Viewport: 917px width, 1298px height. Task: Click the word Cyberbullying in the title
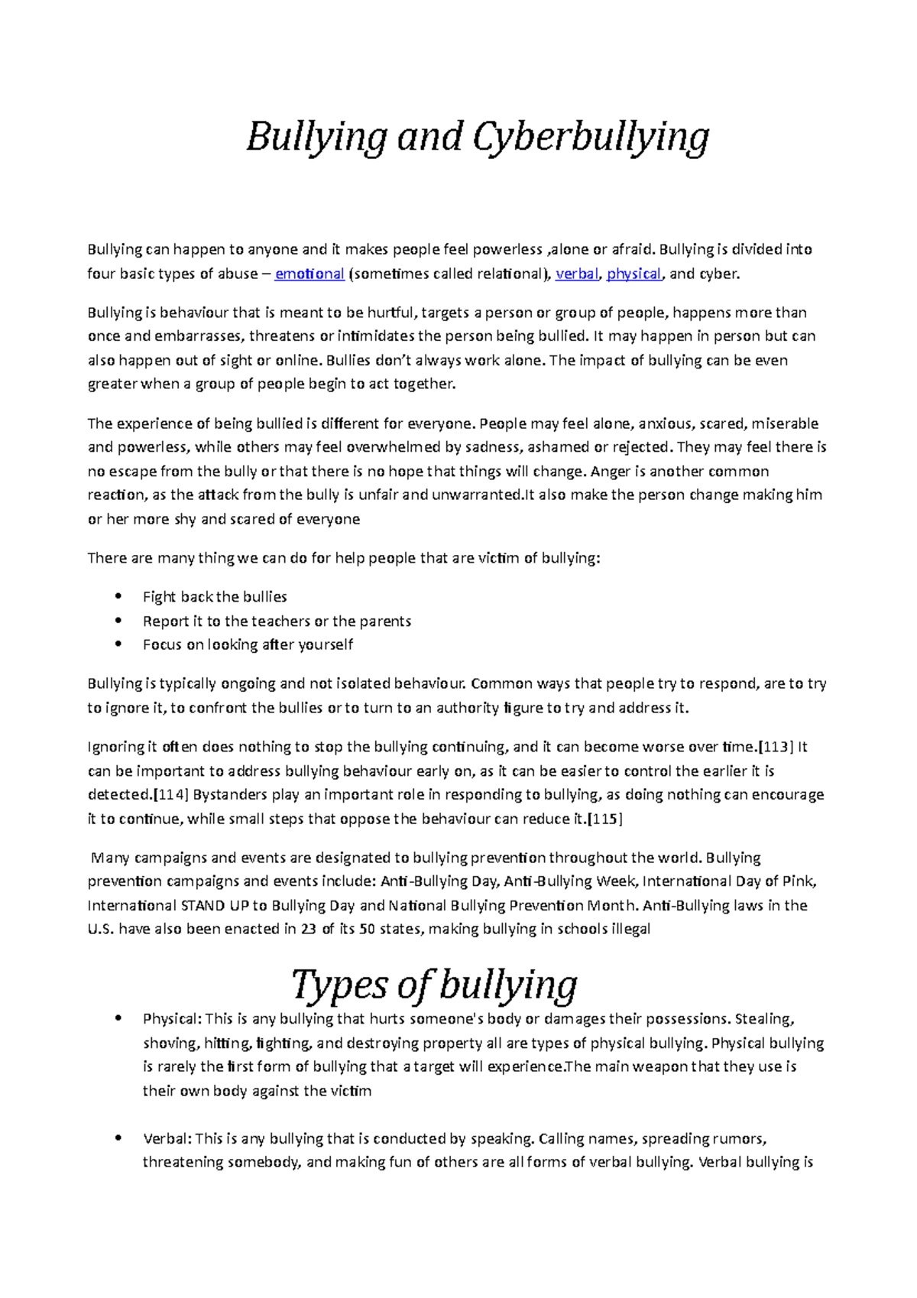coord(591,138)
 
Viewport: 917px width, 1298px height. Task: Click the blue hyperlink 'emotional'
coord(309,274)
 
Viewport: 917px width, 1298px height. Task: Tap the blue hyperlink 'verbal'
coord(577,274)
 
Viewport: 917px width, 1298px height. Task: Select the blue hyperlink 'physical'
coord(633,274)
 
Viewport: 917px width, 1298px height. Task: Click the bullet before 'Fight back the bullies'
coord(118,596)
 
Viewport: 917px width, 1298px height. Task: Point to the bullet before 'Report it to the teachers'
coord(118,621)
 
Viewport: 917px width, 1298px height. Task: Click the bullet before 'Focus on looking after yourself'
coord(118,644)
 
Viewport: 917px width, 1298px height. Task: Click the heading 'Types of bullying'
coord(434,985)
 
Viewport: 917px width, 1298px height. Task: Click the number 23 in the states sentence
coord(308,929)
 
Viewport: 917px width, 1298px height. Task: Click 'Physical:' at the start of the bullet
coord(172,1018)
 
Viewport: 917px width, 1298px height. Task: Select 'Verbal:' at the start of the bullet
coord(167,1138)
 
